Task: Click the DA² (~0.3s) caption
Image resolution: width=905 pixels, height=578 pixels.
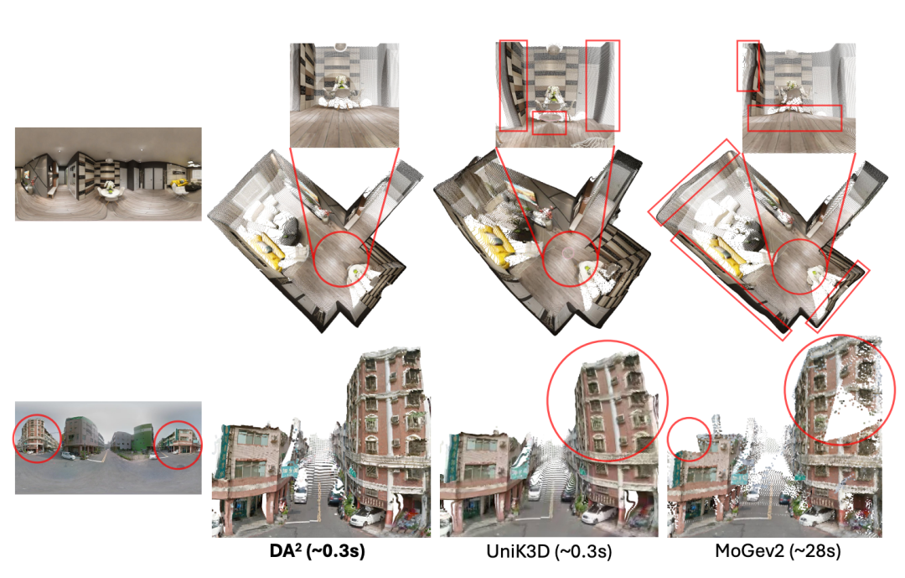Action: (x=317, y=551)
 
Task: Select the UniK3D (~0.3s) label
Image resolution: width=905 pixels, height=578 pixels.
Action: (x=548, y=551)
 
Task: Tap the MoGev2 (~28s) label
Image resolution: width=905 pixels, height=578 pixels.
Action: (x=778, y=551)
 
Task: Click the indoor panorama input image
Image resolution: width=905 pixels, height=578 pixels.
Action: (x=108, y=174)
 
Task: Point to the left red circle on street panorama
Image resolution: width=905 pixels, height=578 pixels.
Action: (x=14, y=440)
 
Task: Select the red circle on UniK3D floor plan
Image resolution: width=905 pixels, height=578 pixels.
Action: (x=543, y=258)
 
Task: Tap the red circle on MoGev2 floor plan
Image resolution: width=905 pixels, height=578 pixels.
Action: (x=773, y=267)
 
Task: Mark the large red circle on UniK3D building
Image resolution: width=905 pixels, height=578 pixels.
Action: (x=547, y=400)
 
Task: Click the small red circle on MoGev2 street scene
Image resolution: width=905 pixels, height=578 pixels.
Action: (x=668, y=440)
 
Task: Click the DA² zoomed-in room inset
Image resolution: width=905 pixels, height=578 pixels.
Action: (x=344, y=95)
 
